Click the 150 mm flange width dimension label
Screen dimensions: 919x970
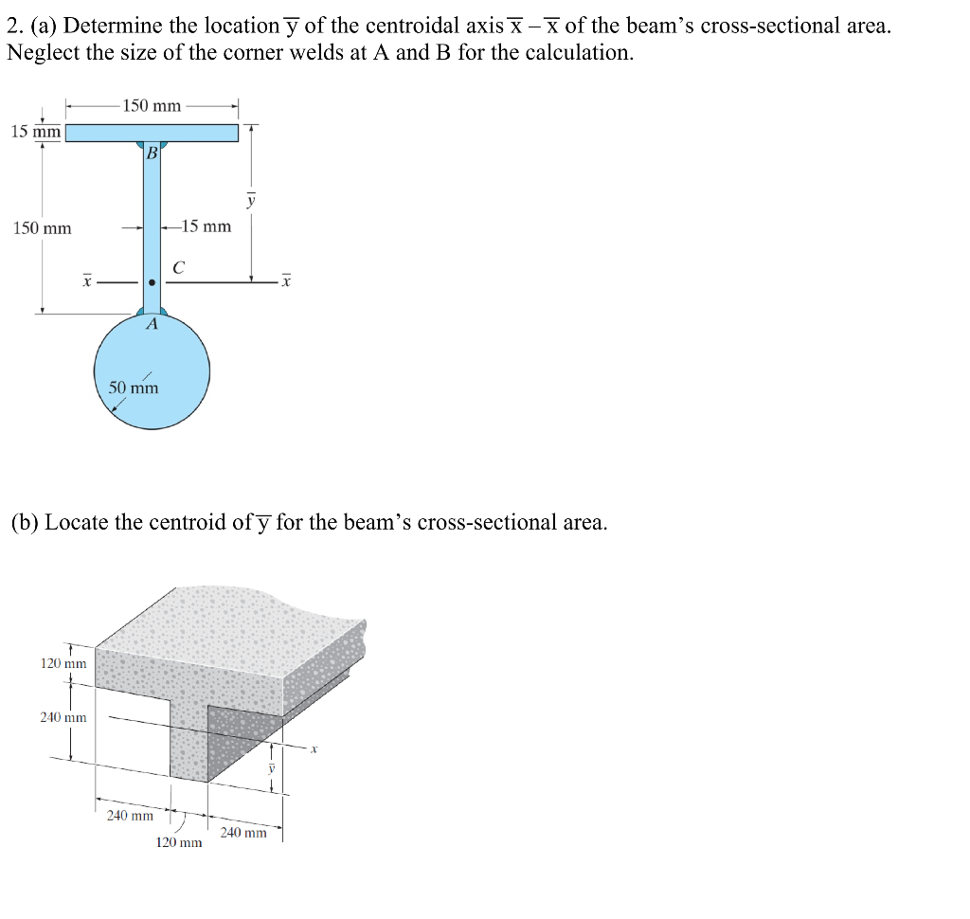click(x=152, y=105)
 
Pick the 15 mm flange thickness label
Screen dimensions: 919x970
click(x=35, y=132)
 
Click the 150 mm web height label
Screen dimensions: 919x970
click(x=42, y=228)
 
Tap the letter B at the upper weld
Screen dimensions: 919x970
click(x=150, y=153)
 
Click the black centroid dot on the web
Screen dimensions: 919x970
click(x=152, y=281)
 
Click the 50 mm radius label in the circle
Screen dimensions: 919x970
click(x=134, y=387)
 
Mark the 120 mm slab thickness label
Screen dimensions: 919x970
click(x=63, y=663)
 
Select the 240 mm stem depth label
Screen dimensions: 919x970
click(x=63, y=717)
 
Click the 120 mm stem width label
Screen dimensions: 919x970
click(x=178, y=842)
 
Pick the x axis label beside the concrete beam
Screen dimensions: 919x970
click(x=315, y=749)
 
